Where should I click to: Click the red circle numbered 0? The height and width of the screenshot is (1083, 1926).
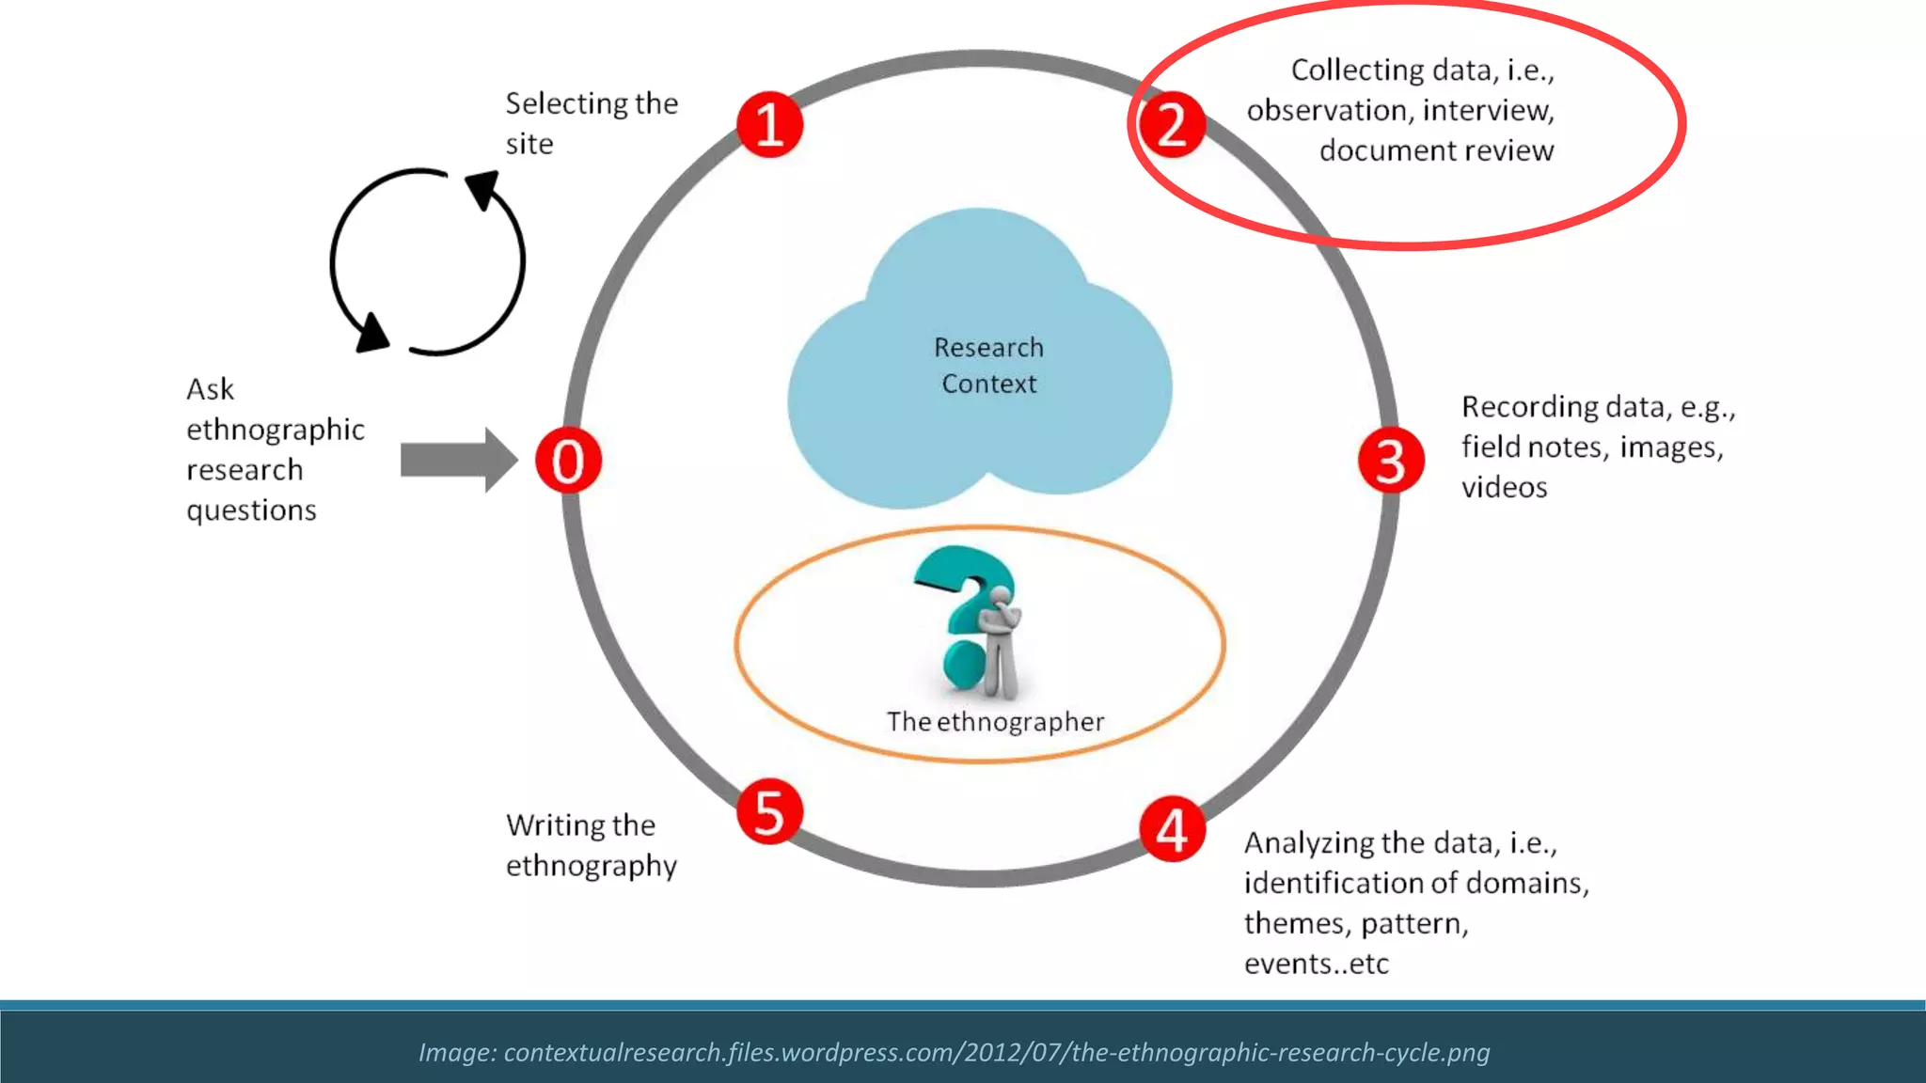coord(568,461)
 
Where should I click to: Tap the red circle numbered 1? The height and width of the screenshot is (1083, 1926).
coord(769,124)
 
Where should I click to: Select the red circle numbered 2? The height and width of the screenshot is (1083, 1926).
coord(1171,124)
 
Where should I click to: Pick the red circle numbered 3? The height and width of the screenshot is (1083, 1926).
coord(1391,461)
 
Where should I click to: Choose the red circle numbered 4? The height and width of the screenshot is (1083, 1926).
coord(1172,829)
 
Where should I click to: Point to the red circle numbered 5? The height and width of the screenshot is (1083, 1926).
coord(769,811)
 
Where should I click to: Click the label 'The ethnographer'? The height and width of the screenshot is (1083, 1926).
coord(995,722)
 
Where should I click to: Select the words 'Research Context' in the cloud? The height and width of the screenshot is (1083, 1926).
coord(988,366)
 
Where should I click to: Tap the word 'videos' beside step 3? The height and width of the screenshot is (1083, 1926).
coord(1504,488)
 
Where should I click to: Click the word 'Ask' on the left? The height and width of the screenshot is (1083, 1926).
coord(210,389)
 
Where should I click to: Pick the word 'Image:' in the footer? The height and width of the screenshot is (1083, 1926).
coord(457,1052)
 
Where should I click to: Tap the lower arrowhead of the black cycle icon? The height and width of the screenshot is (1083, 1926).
coord(372,333)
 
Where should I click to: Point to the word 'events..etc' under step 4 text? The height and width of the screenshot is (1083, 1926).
coord(1316,965)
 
